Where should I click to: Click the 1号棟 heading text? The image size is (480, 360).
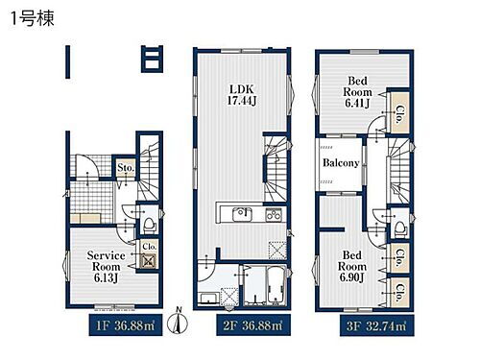click(33, 19)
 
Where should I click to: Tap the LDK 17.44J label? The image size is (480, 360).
click(242, 95)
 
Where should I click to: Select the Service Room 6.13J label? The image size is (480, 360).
click(107, 267)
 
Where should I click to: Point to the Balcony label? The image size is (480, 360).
click(341, 163)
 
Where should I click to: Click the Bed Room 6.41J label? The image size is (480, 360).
click(357, 92)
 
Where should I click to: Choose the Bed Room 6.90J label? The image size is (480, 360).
click(352, 266)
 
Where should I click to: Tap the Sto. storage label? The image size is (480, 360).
click(126, 167)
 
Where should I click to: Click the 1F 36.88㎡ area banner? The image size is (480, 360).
click(126, 325)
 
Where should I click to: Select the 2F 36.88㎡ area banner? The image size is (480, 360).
click(253, 325)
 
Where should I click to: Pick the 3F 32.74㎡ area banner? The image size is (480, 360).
click(376, 325)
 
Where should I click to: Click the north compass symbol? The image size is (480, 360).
click(178, 321)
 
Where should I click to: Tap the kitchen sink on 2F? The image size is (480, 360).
click(242, 214)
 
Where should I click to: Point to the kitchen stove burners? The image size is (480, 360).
click(274, 214)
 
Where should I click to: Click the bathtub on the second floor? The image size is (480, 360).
click(276, 285)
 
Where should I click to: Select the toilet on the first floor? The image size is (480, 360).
click(149, 224)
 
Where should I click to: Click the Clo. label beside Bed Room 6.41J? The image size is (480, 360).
click(398, 114)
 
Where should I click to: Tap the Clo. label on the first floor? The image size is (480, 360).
click(149, 247)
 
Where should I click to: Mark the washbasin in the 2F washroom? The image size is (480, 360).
click(209, 299)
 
